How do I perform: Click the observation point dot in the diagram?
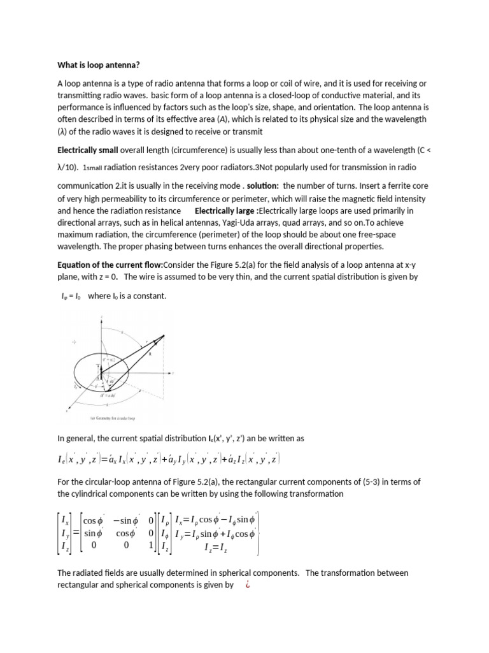pyautogui.click(x=164, y=336)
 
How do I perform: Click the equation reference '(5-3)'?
pyautogui.click(x=379, y=481)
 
